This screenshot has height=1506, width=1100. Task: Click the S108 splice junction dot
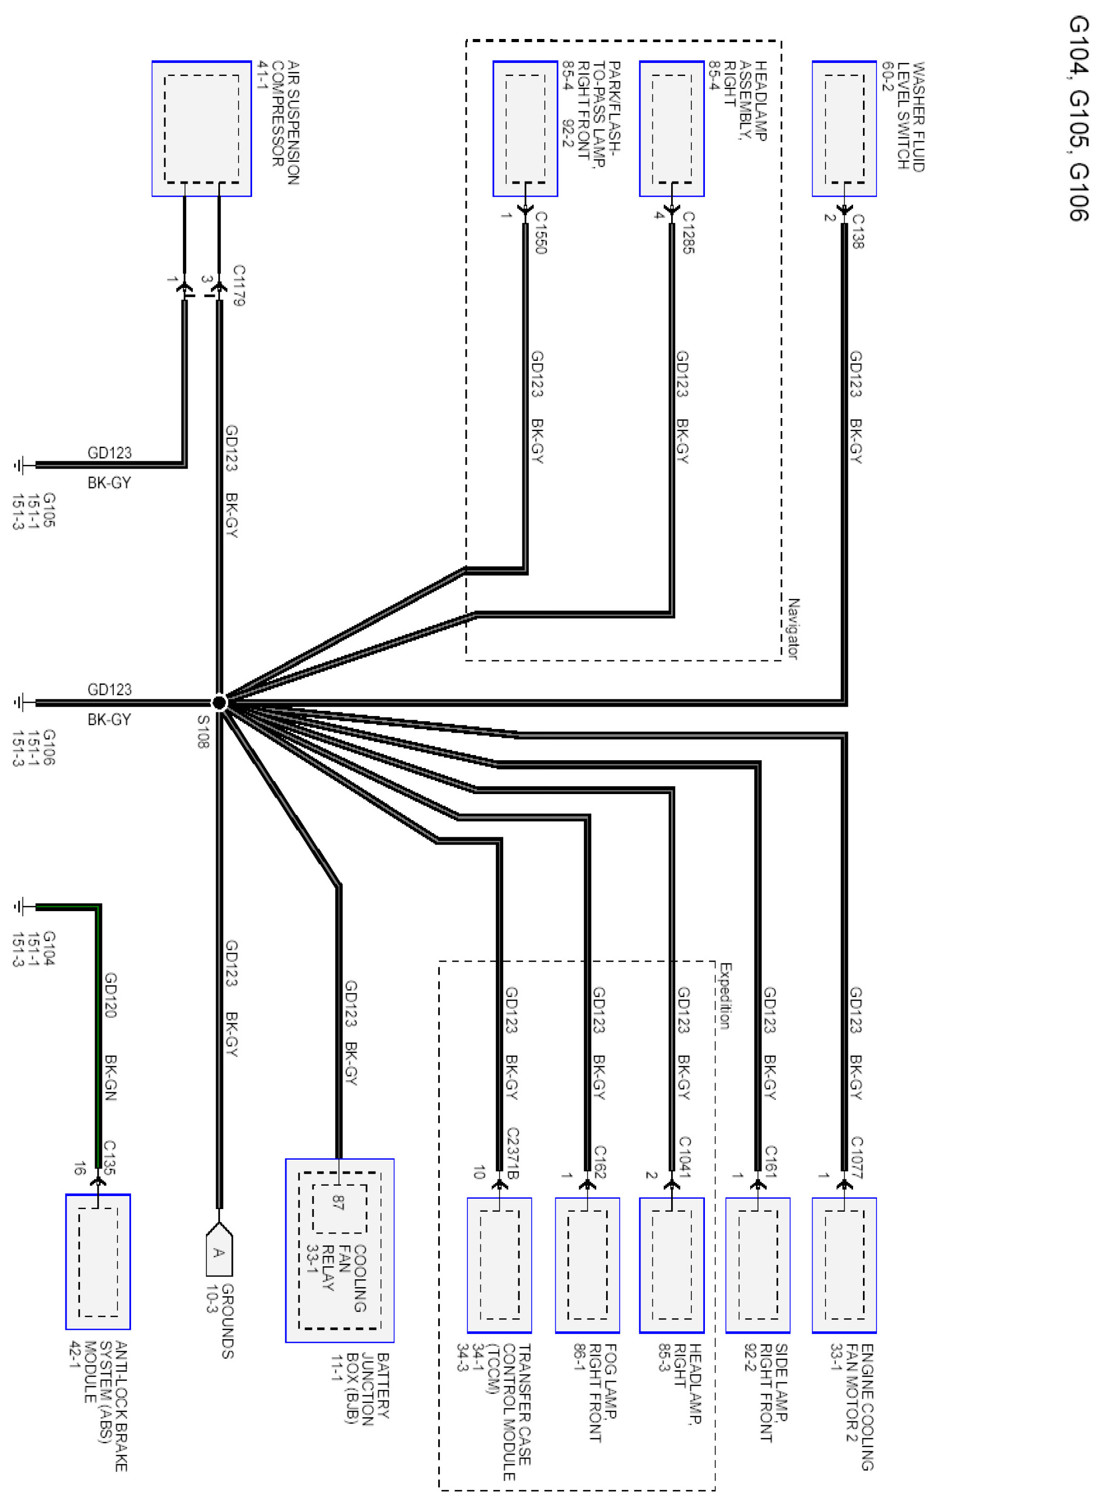click(219, 702)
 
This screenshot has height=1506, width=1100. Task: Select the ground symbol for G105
click(20, 465)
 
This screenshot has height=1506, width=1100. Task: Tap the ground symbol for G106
click(20, 702)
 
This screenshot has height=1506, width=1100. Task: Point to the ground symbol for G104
click(20, 906)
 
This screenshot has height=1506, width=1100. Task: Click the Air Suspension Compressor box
click(202, 128)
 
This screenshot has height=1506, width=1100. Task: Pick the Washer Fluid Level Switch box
click(844, 128)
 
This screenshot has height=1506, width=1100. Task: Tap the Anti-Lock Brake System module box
click(98, 1262)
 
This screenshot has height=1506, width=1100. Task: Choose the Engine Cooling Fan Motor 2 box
click(844, 1265)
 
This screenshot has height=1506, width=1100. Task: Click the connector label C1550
click(541, 232)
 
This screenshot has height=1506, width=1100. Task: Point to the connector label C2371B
click(513, 1153)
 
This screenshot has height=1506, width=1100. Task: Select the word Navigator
click(793, 628)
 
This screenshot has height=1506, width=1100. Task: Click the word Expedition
click(725, 996)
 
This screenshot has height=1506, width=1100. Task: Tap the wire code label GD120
click(111, 995)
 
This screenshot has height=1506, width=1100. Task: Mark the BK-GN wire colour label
click(111, 1077)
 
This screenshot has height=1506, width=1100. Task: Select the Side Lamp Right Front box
click(758, 1265)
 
